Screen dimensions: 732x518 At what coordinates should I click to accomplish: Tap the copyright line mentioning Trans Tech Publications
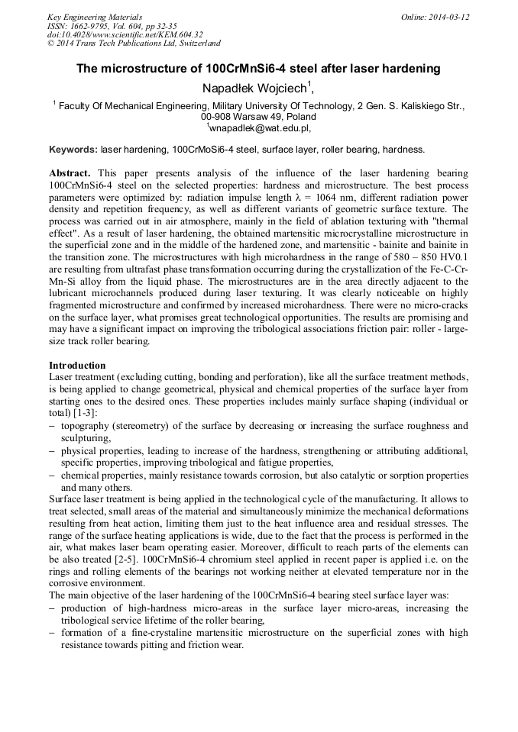pos(134,44)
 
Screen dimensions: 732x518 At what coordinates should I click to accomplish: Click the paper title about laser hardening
pos(258,69)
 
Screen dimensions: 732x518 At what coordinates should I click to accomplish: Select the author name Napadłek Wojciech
pos(254,89)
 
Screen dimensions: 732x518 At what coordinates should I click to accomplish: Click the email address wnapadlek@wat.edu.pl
pos(259,128)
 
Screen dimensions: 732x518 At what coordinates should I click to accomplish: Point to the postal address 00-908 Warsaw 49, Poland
pos(258,117)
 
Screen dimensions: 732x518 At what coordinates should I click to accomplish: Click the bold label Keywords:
pos(73,150)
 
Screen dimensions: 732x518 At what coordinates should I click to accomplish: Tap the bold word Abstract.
pos(70,173)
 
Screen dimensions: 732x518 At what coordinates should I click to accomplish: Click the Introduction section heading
pos(77,366)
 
